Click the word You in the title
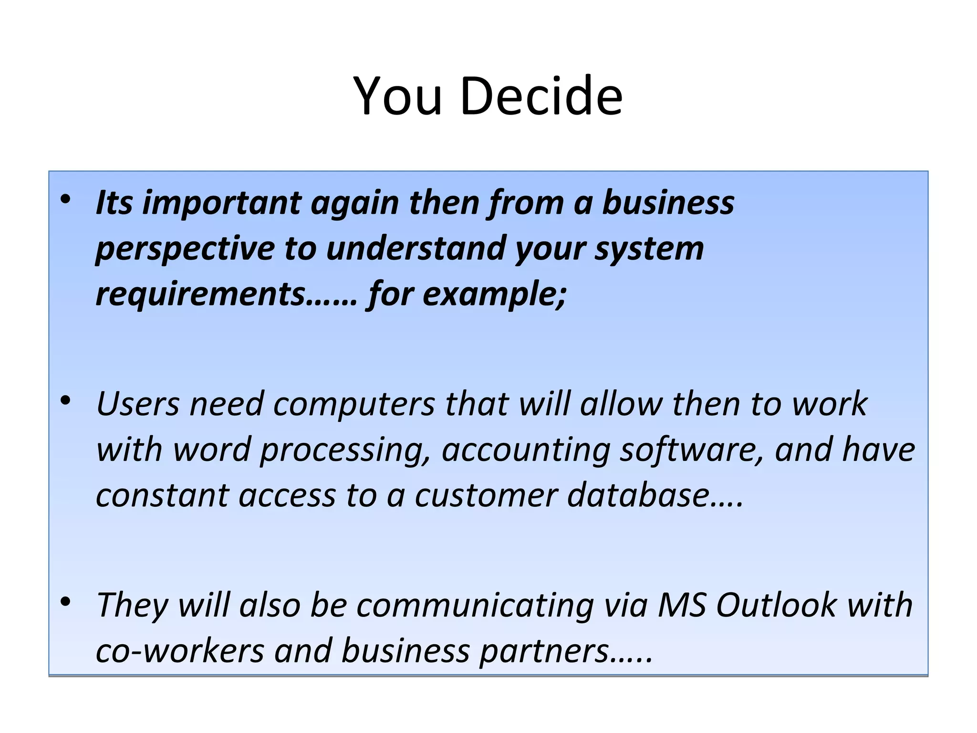(398, 96)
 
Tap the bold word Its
(114, 203)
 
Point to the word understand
(416, 249)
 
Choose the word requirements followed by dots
(200, 294)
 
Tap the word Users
(138, 404)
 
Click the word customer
(486, 496)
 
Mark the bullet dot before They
(66, 602)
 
